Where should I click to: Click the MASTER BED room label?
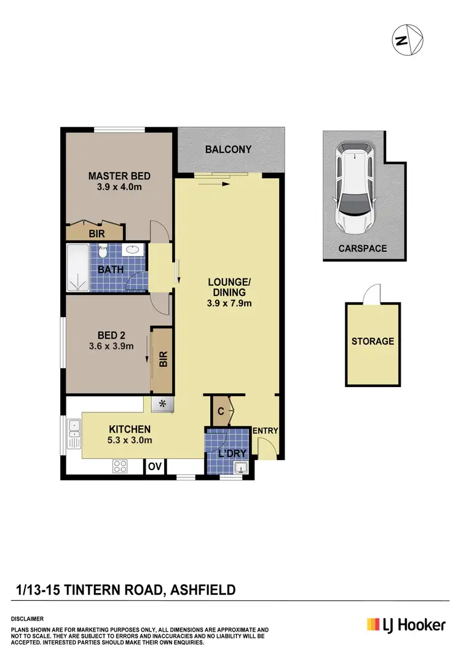tap(119, 176)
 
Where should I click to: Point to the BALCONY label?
tap(228, 149)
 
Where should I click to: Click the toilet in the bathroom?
tap(103, 251)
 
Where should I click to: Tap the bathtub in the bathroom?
tap(78, 268)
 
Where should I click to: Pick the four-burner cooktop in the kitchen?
tap(119, 466)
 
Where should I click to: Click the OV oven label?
tap(154, 467)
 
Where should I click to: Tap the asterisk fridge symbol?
tap(163, 404)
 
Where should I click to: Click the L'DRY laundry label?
tap(232, 454)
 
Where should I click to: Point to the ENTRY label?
tap(265, 430)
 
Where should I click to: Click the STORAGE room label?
tap(372, 341)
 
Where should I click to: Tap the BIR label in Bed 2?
tap(163, 359)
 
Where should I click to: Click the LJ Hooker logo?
tap(406, 625)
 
